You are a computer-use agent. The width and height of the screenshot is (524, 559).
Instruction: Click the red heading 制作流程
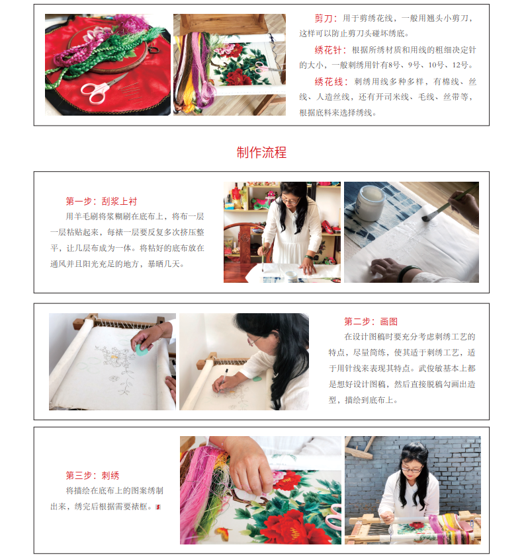pos(261,153)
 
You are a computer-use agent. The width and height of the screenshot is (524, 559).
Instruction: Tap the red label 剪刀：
pos(326,19)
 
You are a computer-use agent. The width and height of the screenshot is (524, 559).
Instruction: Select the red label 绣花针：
pos(330,50)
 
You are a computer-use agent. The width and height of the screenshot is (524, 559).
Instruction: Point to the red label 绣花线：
pos(331,82)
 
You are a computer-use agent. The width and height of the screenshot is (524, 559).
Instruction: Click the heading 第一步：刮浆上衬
pos(101,202)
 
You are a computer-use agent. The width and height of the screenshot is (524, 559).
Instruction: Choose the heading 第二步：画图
pos(371,322)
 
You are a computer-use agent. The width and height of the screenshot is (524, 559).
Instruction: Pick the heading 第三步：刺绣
pos(93,476)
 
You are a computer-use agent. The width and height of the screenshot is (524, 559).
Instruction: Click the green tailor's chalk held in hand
pos(142,350)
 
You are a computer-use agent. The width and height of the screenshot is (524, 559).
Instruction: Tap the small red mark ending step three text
pos(159,507)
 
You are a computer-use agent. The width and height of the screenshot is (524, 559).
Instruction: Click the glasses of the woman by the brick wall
pos(412,470)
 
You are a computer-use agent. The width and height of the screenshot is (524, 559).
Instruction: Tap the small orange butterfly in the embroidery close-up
pos(222,533)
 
